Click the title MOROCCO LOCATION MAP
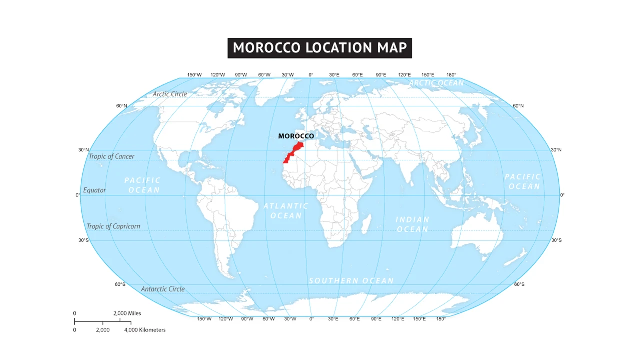click(319, 48)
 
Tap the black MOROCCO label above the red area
click(296, 136)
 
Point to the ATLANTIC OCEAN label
click(286, 211)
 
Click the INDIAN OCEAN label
click(412, 224)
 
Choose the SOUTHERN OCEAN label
click(351, 281)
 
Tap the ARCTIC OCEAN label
click(436, 83)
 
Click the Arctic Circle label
click(170, 94)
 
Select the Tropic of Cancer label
click(111, 156)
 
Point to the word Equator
click(95, 190)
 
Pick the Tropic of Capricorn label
click(113, 226)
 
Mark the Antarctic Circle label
click(163, 289)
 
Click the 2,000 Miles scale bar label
click(127, 313)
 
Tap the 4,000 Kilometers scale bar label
click(145, 330)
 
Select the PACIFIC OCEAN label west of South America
click(143, 185)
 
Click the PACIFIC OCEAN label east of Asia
click(523, 181)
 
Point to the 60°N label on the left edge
click(121, 106)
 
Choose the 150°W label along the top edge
click(194, 75)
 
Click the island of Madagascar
click(365, 222)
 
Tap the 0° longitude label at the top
click(311, 75)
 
